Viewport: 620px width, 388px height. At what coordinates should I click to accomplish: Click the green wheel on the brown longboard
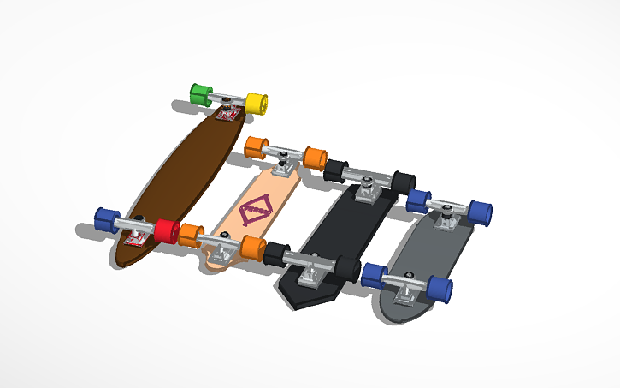tap(200, 94)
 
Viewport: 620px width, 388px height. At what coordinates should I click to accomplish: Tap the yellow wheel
tap(257, 102)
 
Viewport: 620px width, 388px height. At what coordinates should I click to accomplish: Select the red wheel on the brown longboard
tap(167, 231)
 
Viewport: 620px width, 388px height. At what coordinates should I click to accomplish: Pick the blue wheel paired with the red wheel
tap(106, 219)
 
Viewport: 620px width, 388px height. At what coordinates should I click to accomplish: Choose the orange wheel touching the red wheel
tap(190, 234)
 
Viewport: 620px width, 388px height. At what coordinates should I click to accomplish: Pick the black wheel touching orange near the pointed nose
tap(276, 254)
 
